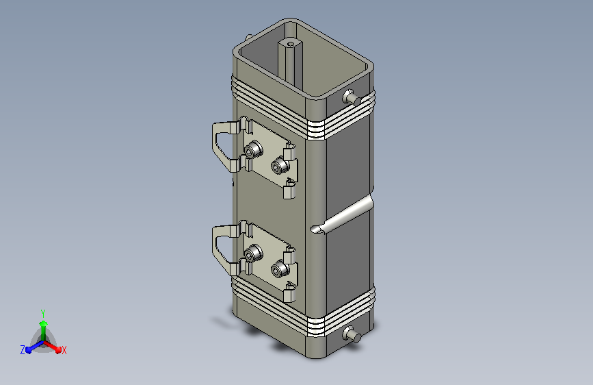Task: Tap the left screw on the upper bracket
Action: point(253,149)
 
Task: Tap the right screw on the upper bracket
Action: point(280,166)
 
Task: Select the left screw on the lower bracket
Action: point(253,253)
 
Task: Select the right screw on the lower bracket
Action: point(280,269)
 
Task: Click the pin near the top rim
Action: point(352,97)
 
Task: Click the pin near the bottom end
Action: point(352,335)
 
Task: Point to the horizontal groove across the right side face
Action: point(342,215)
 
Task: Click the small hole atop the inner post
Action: point(291,44)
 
